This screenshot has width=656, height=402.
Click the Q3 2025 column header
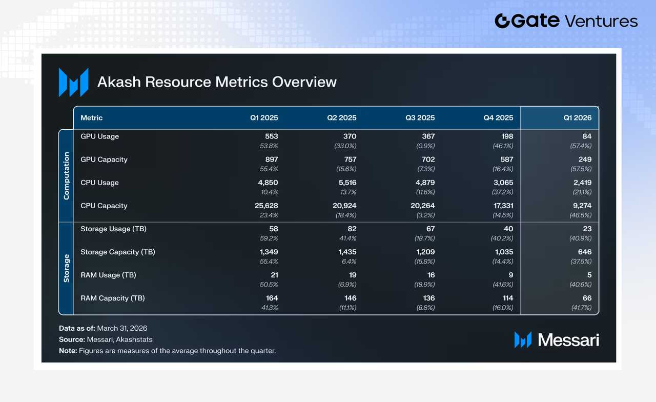click(420, 118)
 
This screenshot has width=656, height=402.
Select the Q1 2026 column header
click(578, 118)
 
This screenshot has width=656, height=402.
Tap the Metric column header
click(92, 118)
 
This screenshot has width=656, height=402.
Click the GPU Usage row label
click(100, 136)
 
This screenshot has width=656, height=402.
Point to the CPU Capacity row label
click(104, 206)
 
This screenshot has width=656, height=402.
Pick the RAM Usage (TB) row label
click(108, 275)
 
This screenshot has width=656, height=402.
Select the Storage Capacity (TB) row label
click(118, 252)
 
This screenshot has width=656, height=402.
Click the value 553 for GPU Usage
click(272, 136)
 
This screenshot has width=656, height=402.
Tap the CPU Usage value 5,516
click(347, 183)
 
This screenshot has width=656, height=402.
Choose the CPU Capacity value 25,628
click(266, 206)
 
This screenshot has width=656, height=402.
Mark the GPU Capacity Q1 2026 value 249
click(585, 159)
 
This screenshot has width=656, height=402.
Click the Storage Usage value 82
click(352, 229)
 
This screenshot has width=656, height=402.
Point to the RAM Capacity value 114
click(508, 298)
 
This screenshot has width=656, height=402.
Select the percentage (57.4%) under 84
click(581, 146)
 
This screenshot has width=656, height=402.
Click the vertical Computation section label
click(67, 176)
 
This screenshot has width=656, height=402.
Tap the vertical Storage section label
click(67, 268)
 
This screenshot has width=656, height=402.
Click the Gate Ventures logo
click(566, 21)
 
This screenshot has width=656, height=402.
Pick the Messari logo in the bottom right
click(557, 340)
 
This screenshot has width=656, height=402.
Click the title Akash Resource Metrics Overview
click(217, 82)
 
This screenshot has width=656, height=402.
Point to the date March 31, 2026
click(122, 328)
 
